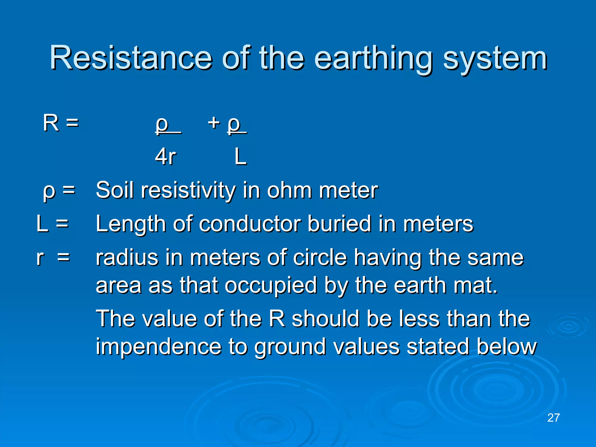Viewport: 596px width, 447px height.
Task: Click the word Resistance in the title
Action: [x=131, y=58]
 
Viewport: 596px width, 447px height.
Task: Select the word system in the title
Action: [x=495, y=60]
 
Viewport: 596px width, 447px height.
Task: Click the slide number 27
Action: [x=553, y=418]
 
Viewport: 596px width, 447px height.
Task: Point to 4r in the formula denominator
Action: [x=165, y=157]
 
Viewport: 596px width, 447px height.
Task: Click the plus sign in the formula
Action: [x=214, y=123]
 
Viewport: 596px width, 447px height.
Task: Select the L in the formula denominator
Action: [x=240, y=157]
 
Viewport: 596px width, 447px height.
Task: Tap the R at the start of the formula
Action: [x=51, y=123]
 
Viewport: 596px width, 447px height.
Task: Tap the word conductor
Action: [x=250, y=224]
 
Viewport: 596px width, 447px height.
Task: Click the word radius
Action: [x=127, y=258]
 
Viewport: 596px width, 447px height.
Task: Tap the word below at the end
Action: [x=506, y=347]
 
